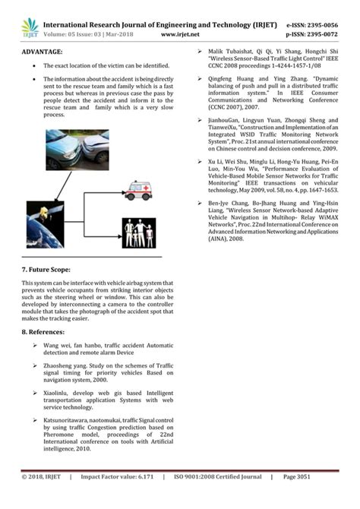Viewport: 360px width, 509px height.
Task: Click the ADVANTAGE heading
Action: point(43,52)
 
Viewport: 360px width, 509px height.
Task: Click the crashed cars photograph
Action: point(77,150)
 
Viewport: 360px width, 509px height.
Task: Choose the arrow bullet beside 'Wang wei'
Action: point(36,346)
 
